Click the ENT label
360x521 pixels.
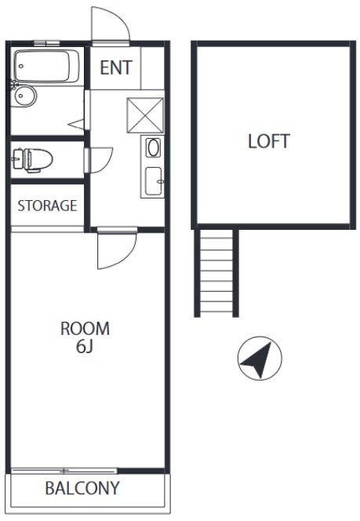116,67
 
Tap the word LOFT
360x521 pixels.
269,141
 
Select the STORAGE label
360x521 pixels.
47,206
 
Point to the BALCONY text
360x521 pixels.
82,488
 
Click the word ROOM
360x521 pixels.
85,329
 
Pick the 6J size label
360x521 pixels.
85,347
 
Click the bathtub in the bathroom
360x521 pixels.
46,66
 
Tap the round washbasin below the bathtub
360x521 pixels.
24,96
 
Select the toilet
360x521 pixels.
32,160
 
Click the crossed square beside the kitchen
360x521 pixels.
145,115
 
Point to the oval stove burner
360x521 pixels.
154,148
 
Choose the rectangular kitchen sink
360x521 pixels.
154,181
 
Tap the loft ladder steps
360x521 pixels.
216,271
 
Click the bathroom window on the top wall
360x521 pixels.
47,43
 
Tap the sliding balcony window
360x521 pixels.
64,471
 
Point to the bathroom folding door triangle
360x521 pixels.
76,124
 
